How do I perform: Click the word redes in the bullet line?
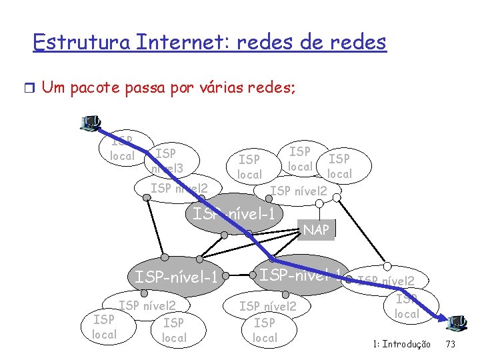coord(271,87)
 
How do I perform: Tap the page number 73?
coord(450,345)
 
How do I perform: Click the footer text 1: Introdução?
coord(401,345)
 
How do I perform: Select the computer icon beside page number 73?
coord(458,323)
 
